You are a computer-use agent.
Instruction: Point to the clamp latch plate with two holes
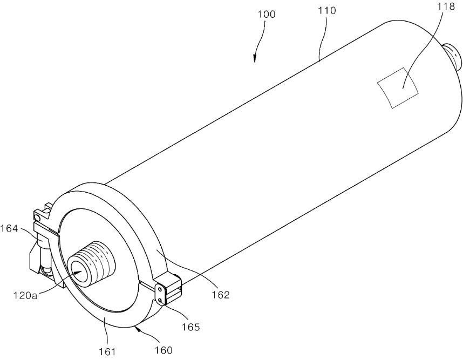(x=160, y=294)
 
